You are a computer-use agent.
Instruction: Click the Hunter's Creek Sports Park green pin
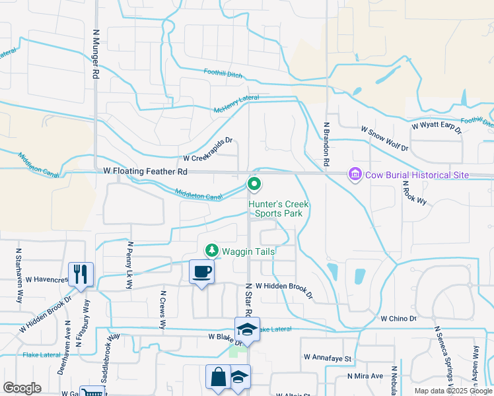coord(254,184)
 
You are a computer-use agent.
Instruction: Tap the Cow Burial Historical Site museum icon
coord(355,174)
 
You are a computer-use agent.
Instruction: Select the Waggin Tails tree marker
coord(212,250)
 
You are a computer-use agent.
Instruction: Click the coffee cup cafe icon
coord(201,271)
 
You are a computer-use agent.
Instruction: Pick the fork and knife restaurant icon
coord(81,273)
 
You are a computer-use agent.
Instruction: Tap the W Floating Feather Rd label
coord(146,171)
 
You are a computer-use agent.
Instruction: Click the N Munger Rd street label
coord(96,54)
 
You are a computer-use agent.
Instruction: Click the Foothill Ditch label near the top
coord(223,73)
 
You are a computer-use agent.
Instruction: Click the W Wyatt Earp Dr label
coord(436,125)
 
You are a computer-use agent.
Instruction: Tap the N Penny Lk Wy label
coord(129,266)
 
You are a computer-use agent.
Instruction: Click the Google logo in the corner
coord(22,388)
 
